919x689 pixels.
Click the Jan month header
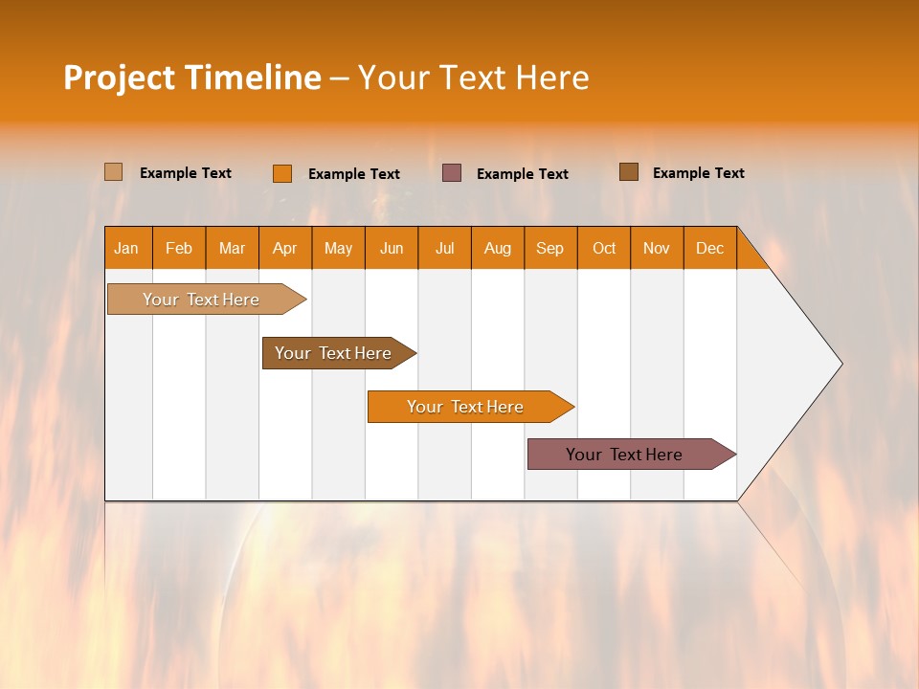point(127,248)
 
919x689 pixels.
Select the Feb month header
point(179,248)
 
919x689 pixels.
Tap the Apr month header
point(285,248)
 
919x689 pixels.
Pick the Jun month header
point(392,248)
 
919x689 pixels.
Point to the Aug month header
point(498,248)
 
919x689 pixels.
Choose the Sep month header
point(550,248)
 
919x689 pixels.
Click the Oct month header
point(604,248)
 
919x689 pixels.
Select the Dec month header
point(710,248)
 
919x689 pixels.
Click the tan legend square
point(113,172)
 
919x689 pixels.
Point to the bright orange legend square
point(281,173)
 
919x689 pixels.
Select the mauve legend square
point(452,172)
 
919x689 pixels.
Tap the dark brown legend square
point(628,172)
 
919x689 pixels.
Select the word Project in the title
point(120,78)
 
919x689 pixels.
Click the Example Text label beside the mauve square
point(522,174)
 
